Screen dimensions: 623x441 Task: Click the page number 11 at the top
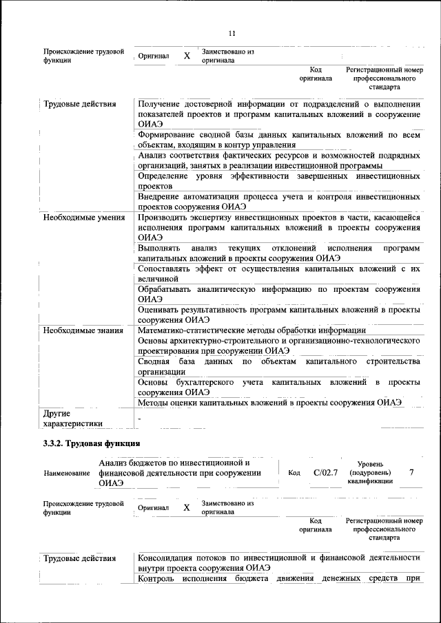[x=232, y=33]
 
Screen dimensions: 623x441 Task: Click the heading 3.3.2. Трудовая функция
[x=92, y=443]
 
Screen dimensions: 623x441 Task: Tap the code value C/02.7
[x=325, y=472]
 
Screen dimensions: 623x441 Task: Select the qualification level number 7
[x=411, y=472]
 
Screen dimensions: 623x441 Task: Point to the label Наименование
[x=67, y=474]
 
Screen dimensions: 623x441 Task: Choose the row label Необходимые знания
[x=79, y=330]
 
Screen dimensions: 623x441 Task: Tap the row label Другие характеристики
[x=72, y=419]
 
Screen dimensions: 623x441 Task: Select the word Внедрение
[x=161, y=196]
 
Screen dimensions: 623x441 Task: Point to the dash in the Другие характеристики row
[x=139, y=417]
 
